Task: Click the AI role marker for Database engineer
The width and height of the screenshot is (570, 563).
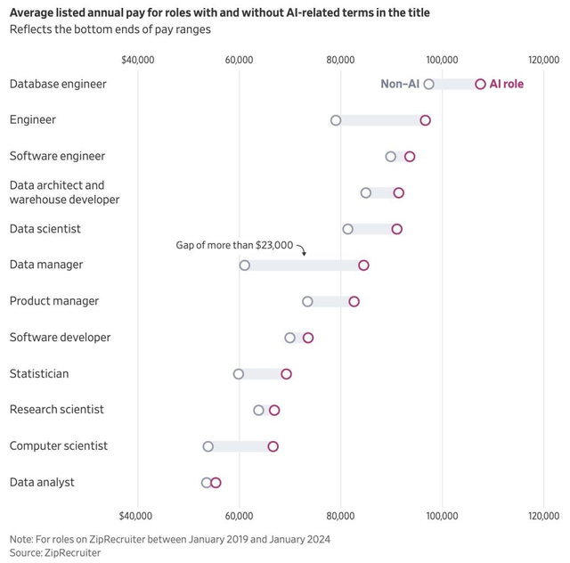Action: [481, 84]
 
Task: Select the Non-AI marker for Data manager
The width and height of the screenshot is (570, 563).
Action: [245, 265]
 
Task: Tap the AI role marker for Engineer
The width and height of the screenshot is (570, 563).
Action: [425, 120]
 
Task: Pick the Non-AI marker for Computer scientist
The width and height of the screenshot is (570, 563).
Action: [208, 446]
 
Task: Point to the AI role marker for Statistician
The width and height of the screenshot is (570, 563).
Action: [286, 374]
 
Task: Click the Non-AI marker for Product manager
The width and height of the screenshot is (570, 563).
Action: [307, 301]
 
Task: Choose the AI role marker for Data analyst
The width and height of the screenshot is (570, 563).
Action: [216, 483]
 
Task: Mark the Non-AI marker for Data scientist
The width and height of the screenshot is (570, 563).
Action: [347, 229]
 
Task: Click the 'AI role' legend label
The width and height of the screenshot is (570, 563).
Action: [507, 84]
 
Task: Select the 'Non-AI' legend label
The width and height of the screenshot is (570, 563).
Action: [400, 84]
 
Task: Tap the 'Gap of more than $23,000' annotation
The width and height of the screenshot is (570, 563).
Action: [234, 245]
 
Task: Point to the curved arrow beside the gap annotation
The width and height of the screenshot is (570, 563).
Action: [301, 250]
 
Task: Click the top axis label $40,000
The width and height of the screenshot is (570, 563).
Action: [137, 59]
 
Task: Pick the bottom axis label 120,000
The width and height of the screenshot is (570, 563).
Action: [543, 516]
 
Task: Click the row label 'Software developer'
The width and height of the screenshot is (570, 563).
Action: [60, 338]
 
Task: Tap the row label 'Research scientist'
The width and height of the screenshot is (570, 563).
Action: [57, 410]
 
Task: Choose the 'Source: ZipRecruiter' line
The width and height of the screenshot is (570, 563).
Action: [55, 552]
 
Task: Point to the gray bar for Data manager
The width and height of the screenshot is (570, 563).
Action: [304, 265]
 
